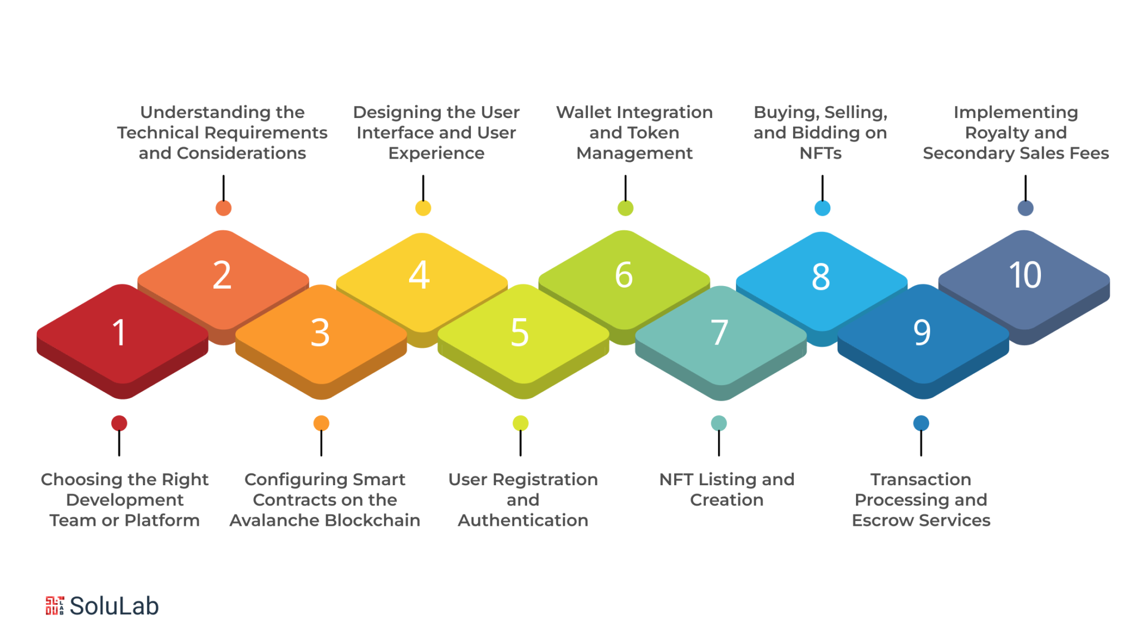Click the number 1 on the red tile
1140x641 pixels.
(x=119, y=333)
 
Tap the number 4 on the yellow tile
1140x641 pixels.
(x=419, y=275)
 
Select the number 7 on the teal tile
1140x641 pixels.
(x=719, y=332)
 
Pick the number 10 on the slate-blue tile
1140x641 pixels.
(x=1025, y=275)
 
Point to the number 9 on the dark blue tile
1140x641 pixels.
(x=922, y=332)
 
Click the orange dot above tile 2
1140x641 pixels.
(x=223, y=208)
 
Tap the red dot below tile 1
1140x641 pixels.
(x=119, y=423)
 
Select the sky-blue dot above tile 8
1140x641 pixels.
(x=822, y=208)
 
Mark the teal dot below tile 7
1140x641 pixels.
(x=719, y=423)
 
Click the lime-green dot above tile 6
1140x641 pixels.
(x=625, y=208)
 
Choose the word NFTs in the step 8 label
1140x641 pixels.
(x=820, y=153)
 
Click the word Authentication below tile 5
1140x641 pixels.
(x=523, y=520)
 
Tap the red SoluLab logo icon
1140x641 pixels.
(x=55, y=605)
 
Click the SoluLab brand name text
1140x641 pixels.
(x=114, y=606)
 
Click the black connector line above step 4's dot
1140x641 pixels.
(x=423, y=188)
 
